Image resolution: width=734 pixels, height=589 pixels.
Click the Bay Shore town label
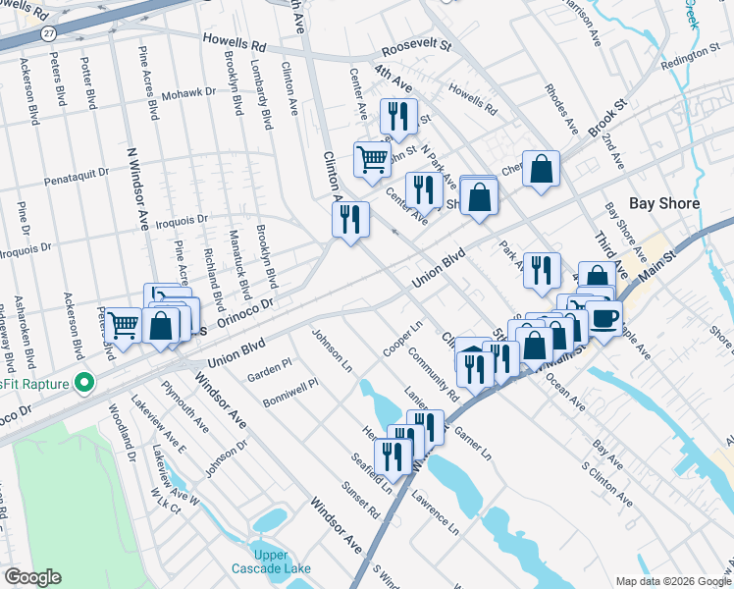point(664,203)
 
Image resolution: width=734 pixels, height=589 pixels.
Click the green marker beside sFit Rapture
point(85,382)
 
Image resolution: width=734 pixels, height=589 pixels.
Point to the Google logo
point(32,577)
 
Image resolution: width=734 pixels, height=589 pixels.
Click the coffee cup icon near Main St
point(604,317)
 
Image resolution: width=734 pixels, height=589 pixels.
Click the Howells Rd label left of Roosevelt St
point(235,44)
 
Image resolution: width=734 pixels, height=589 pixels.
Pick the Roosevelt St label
point(415,45)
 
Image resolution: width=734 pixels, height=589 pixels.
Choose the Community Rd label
point(433,374)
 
